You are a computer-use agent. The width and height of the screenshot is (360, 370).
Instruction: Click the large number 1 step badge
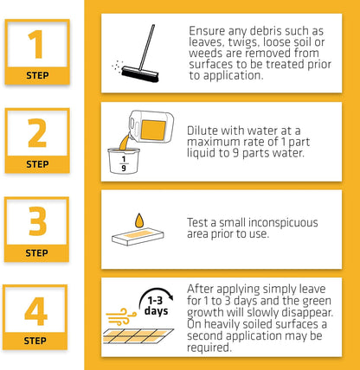coord(37,52)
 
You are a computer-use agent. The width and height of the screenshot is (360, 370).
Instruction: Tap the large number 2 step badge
coord(37,141)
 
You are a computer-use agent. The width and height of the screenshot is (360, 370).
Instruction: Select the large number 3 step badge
coord(36,229)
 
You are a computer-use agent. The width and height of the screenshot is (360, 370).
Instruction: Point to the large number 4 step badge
coord(35,317)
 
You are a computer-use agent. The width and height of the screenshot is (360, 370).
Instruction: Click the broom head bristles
coord(140,74)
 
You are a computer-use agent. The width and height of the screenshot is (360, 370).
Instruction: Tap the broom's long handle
coord(147,48)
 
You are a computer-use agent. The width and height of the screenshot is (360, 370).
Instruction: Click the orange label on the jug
coord(153,130)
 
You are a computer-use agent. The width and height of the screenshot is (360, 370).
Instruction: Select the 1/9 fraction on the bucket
coord(124,163)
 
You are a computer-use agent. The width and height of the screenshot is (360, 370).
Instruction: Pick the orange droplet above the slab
coord(139,221)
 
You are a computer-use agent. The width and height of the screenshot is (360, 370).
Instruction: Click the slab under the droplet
coord(138,236)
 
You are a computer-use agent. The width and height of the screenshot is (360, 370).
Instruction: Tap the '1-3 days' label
coord(156,306)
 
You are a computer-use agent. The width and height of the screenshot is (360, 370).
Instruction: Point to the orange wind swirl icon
coord(121,316)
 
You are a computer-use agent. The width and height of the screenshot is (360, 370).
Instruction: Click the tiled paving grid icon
coord(138,336)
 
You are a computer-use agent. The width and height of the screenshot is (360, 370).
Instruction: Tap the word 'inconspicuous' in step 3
coord(283,222)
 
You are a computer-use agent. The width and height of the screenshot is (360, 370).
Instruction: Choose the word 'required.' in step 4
coord(209,348)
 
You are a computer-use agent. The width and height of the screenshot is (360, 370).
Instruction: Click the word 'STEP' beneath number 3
coord(36,253)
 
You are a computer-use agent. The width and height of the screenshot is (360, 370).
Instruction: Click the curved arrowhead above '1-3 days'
coord(170,297)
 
